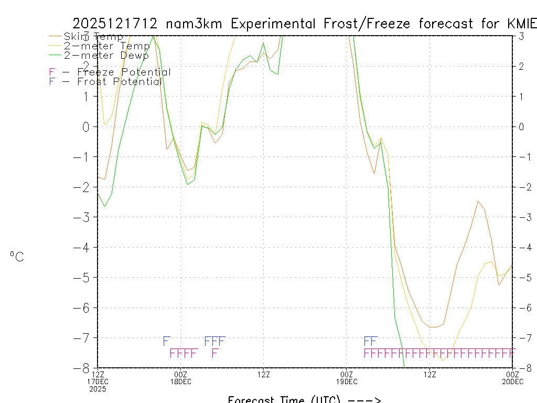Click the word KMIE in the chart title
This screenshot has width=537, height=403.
tap(522, 24)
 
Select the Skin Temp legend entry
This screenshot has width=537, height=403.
tap(93, 36)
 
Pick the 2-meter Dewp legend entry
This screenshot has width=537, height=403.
tap(106, 55)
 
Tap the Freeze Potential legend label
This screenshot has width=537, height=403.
tap(124, 72)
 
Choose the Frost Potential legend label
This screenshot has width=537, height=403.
tap(119, 81)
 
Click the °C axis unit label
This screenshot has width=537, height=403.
tap(17, 257)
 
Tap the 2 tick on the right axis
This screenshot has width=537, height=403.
tap(521, 66)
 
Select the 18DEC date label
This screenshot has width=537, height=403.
tap(180, 381)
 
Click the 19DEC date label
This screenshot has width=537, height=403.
tap(346, 381)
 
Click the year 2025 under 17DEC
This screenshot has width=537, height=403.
tap(98, 389)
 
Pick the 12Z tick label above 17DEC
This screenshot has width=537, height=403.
tap(98, 374)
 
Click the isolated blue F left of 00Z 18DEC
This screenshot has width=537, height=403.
tap(166, 341)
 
